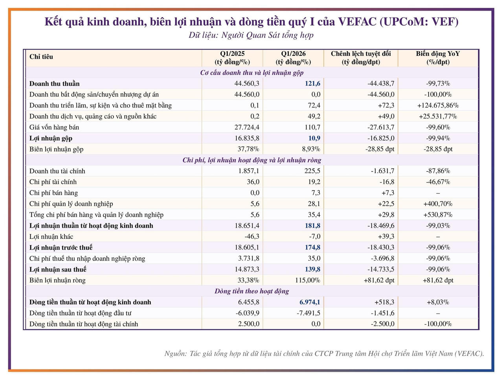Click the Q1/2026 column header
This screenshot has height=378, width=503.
[x=293, y=58]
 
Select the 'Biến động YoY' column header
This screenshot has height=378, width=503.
[x=438, y=58]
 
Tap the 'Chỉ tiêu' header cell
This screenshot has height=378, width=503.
[x=41, y=57]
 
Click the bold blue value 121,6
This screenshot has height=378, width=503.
[x=312, y=83]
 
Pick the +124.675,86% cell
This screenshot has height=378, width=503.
[x=438, y=105]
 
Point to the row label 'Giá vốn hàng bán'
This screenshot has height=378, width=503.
[x=54, y=127]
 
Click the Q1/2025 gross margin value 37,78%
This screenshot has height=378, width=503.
[x=248, y=149]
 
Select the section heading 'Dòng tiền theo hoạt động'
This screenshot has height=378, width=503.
[x=251, y=291]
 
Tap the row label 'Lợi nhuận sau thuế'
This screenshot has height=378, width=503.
[x=58, y=269]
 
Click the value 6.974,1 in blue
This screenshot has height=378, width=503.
[x=310, y=302]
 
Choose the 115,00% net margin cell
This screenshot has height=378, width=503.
[x=308, y=280]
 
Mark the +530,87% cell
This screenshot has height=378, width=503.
[x=438, y=215]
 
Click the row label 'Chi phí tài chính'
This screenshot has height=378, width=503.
[x=53, y=182]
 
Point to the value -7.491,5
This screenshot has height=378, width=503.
[x=308, y=313]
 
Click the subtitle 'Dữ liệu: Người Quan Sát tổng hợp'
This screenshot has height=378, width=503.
[x=251, y=35]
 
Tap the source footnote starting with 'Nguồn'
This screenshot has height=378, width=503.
[x=324, y=354]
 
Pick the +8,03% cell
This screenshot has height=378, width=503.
[x=438, y=302]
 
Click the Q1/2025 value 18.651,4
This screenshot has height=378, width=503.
[x=247, y=226]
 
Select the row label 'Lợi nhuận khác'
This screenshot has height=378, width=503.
[x=51, y=237]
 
